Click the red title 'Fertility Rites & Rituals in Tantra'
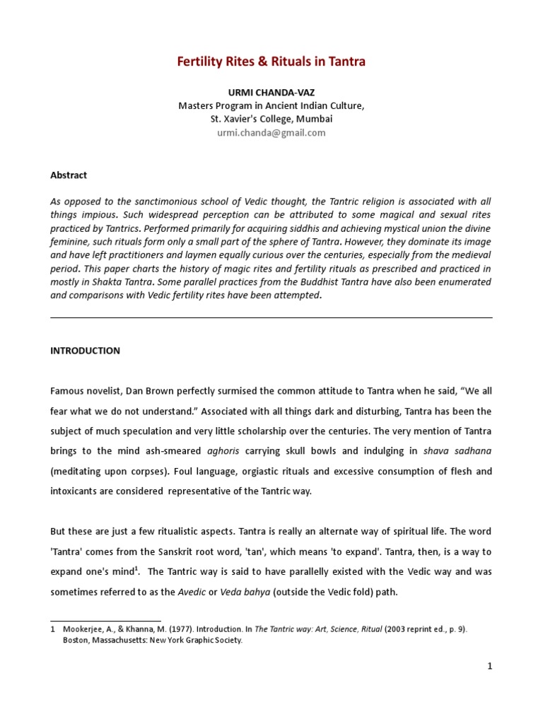click(271, 62)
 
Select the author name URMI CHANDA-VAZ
click(271, 93)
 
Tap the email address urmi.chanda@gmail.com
click(271, 133)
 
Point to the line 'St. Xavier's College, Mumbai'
click(271, 119)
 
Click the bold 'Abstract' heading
click(69, 175)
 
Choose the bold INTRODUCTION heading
click(85, 351)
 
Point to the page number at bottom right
click(489, 666)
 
